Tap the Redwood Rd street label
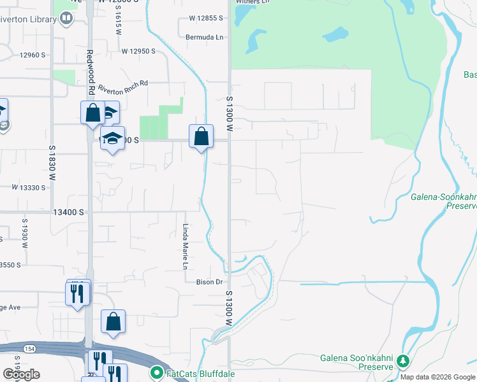pos(90,70)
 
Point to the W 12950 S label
pos(138,51)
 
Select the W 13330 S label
pos(29,188)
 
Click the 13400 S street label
pos(69,212)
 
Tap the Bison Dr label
pos(208,281)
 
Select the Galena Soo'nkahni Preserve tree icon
pos(403,362)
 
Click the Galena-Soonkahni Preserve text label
pos(443,201)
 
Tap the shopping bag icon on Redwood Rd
pos(92,113)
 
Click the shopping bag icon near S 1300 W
pos(201,136)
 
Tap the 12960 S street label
pos(33,55)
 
